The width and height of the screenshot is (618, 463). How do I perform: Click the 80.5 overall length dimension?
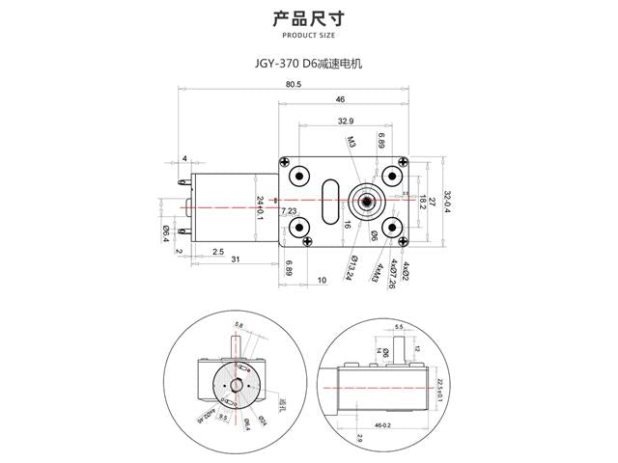click(x=294, y=84)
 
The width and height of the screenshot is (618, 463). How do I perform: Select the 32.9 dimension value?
click(x=347, y=121)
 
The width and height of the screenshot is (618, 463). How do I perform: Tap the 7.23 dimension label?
click(x=289, y=210)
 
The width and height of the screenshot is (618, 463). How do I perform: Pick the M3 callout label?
click(x=352, y=142)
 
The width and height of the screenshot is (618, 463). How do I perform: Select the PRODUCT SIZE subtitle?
click(x=308, y=35)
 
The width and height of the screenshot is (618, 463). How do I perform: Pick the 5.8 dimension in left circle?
click(x=238, y=326)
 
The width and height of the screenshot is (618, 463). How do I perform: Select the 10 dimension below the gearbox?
click(x=321, y=280)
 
